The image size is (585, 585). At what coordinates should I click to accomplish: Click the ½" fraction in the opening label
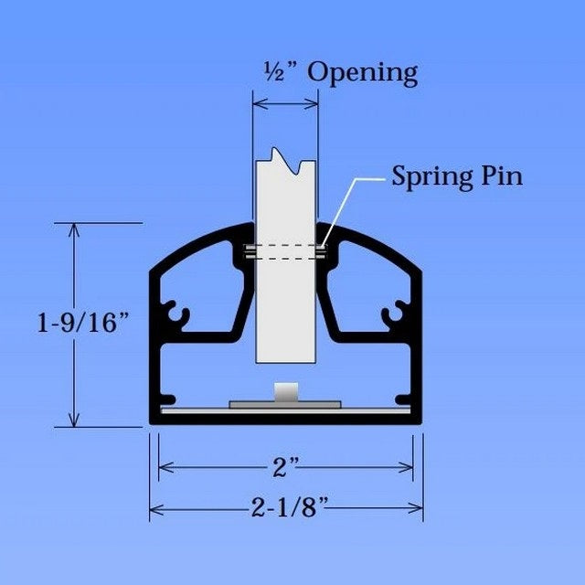(275, 72)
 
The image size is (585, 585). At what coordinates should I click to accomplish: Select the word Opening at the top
(362, 73)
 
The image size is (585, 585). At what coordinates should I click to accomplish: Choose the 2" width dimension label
(285, 467)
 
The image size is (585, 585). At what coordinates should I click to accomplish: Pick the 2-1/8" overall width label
(285, 507)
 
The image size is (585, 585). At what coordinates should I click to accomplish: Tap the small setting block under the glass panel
(285, 392)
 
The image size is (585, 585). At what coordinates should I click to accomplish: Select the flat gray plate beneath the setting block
(285, 402)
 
